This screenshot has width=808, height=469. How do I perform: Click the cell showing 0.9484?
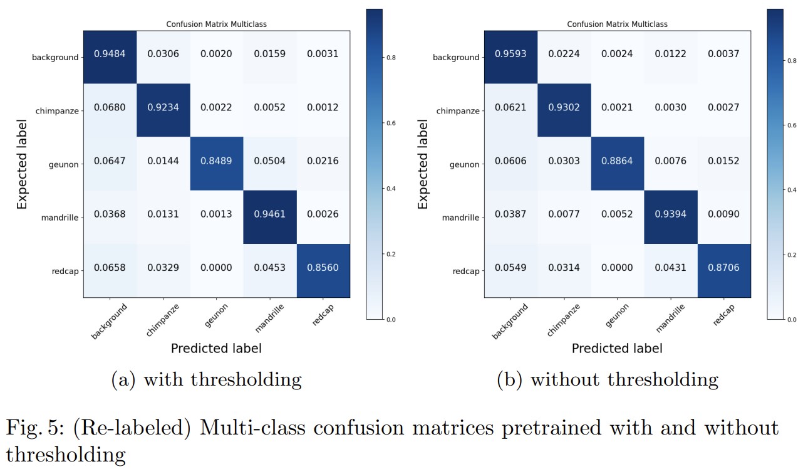110,54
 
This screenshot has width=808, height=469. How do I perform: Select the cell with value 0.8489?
216,161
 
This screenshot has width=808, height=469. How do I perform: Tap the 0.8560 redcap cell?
323,268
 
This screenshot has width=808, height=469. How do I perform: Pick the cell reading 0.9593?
510,54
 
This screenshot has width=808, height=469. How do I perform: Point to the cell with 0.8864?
617,161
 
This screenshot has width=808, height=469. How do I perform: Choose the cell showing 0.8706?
723,268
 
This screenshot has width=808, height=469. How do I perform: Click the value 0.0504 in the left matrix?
269,161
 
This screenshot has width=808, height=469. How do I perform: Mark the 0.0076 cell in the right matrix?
670,161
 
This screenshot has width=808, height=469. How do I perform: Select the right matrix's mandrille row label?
460,218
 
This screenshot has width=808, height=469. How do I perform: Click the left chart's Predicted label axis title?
216,348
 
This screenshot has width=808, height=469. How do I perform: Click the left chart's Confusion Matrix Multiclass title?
216,24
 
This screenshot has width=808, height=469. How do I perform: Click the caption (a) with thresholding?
206,380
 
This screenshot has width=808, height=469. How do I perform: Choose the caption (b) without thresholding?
607,380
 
